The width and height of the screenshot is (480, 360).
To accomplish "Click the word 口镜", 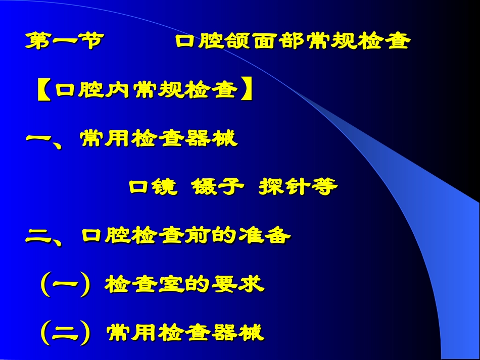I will pos(153,187).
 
